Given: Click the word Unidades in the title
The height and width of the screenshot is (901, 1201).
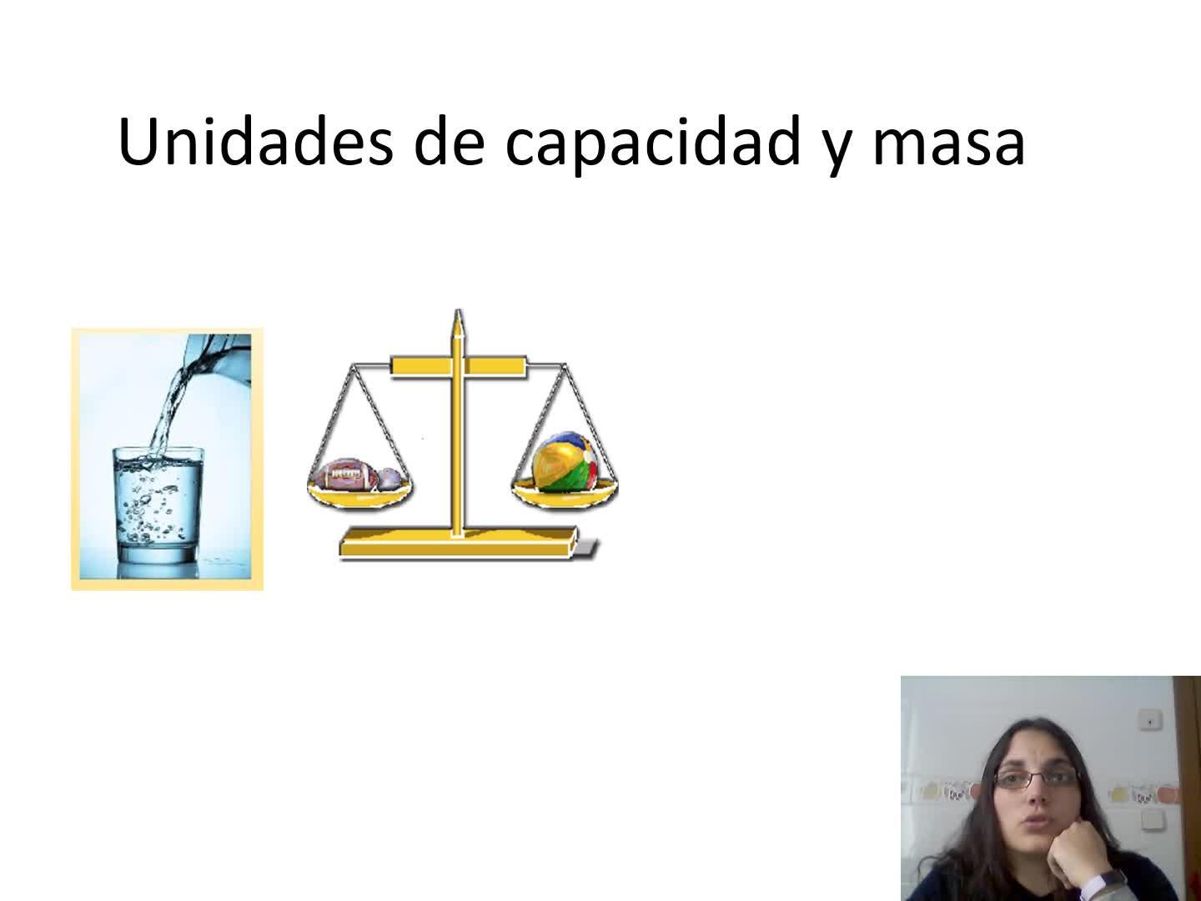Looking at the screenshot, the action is (x=255, y=141).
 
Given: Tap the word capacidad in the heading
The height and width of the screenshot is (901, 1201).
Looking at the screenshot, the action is (x=653, y=143).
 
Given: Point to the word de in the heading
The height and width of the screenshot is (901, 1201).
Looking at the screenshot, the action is (x=450, y=141).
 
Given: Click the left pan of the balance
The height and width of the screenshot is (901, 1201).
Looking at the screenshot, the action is (x=359, y=496).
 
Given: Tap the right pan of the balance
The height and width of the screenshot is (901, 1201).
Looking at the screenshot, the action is (x=565, y=495).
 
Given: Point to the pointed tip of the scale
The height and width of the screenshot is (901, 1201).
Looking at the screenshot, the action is (x=457, y=311).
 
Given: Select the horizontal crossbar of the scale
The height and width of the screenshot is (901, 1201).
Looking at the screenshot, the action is (x=459, y=366).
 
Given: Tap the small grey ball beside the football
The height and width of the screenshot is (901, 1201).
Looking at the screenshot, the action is (x=390, y=479).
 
